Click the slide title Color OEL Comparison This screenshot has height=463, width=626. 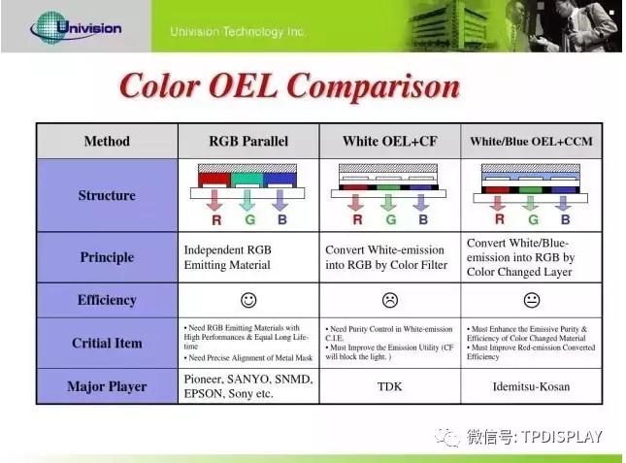point(288,86)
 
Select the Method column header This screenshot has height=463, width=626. point(107,141)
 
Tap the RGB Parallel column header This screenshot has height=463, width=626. point(248,141)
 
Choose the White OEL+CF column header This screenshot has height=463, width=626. point(389,141)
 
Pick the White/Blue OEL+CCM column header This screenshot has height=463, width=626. point(531,141)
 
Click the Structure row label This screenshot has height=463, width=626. point(107,195)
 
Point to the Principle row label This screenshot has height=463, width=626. point(107,257)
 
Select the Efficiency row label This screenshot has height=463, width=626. point(107,300)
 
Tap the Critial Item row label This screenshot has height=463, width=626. point(107,343)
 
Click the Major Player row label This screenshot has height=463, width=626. point(107,386)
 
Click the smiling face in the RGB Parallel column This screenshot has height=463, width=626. point(248,300)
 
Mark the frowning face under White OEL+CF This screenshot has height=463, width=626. point(389,300)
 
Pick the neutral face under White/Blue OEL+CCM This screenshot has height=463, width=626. point(531,300)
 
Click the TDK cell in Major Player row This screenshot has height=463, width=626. point(389,386)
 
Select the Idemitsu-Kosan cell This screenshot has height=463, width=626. point(531,386)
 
